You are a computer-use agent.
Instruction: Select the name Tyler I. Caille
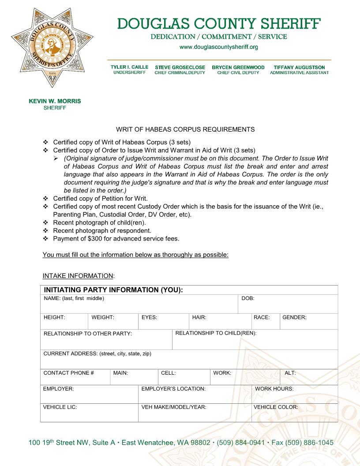(x=129, y=67)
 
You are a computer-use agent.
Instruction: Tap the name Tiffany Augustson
(x=299, y=67)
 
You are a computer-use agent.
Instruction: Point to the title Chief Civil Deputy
(x=238, y=73)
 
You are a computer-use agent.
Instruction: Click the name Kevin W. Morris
(x=55, y=101)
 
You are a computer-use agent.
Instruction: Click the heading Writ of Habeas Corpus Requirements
(x=185, y=129)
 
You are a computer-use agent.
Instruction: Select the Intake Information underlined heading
(x=78, y=276)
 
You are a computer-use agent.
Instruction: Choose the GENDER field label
(x=294, y=317)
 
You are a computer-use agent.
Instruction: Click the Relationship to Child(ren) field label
(x=216, y=333)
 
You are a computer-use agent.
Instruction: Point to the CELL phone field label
(x=169, y=373)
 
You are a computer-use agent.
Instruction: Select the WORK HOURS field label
(x=274, y=389)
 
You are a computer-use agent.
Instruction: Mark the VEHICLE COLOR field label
(x=276, y=407)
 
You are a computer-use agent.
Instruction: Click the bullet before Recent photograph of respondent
(x=46, y=231)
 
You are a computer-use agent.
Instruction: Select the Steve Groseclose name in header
(x=180, y=67)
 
